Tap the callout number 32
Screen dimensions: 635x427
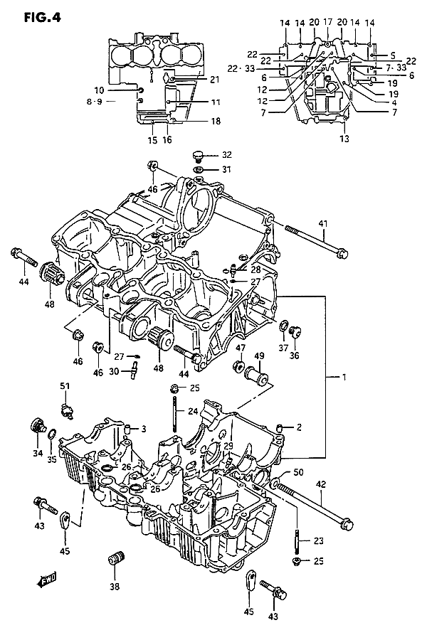pos(226,154)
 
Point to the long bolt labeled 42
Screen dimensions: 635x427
pos(313,506)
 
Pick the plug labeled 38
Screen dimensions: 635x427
pos(115,559)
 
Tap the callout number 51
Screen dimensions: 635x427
pos(65,386)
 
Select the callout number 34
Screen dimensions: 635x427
pos(37,452)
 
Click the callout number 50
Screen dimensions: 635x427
pos(297,472)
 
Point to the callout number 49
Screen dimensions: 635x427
pos(259,356)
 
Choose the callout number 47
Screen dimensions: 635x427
pos(241,348)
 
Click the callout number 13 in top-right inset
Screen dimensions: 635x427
pos(344,139)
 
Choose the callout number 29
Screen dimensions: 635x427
pos(228,445)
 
